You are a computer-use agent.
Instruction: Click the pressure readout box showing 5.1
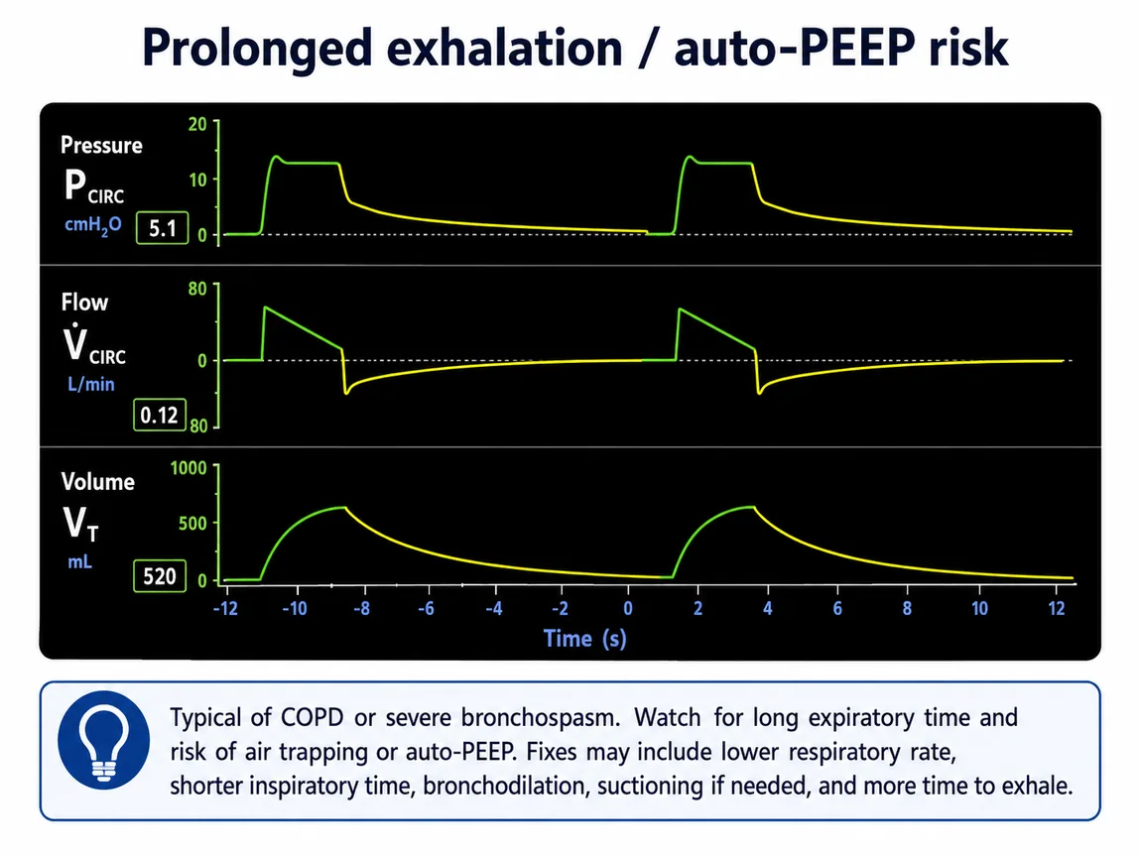tap(163, 228)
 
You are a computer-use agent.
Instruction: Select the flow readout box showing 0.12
tap(160, 415)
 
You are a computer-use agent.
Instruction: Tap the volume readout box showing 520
tap(160, 576)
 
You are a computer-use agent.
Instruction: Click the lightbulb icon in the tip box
tap(104, 739)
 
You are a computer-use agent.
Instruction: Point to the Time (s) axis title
tap(585, 639)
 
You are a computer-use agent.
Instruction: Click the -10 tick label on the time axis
tap(295, 608)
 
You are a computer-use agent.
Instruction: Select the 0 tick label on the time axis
tap(628, 608)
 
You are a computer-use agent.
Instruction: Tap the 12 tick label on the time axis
tap(1057, 608)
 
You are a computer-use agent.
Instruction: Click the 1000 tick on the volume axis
tap(189, 468)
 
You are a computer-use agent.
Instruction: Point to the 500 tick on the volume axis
tap(192, 523)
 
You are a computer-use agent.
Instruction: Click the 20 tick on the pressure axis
tap(197, 124)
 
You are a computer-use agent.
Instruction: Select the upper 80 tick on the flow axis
tap(197, 289)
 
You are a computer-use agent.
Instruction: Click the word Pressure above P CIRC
tap(101, 146)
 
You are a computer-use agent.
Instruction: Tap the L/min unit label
tap(91, 384)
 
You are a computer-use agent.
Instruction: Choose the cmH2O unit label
tap(93, 225)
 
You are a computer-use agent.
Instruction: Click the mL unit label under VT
tap(80, 561)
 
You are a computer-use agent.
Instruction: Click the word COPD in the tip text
tap(313, 717)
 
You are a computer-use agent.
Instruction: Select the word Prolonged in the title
tap(258, 49)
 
